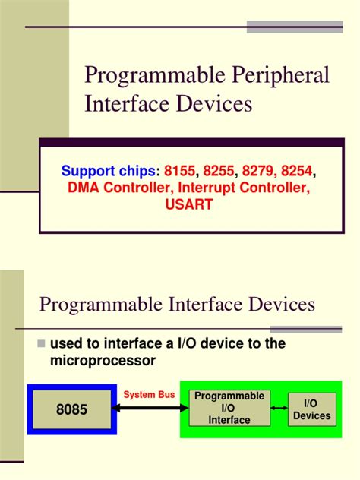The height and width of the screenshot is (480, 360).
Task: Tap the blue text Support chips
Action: click(104, 170)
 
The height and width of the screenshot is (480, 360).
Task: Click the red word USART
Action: click(188, 204)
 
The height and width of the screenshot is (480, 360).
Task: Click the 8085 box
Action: click(71, 409)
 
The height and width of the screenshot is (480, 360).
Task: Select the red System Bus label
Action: click(150, 395)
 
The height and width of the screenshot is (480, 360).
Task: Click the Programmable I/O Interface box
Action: click(229, 409)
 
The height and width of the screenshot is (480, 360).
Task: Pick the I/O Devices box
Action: click(312, 409)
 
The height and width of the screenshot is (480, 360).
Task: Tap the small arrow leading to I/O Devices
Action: click(278, 409)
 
